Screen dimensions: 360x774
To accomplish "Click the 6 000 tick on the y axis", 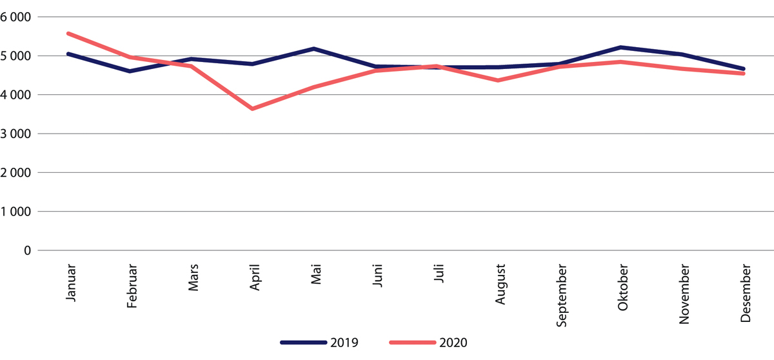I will click(19, 17).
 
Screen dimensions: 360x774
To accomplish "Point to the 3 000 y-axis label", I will click(19, 134).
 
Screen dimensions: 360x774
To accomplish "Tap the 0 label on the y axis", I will click(28, 250).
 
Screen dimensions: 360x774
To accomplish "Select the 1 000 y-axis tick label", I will click(19, 212).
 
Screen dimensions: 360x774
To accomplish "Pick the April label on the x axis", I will click(255, 277).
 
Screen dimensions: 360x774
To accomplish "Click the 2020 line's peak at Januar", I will click(68, 34).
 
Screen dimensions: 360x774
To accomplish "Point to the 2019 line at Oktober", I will click(621, 48).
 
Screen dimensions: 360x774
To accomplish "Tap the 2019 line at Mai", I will click(313, 49).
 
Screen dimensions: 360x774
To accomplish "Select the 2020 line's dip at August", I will click(498, 81).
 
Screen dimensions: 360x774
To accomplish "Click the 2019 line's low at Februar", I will click(130, 71).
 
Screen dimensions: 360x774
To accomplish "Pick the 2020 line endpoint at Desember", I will click(744, 74).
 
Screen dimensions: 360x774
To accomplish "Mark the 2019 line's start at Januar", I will click(68, 54).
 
